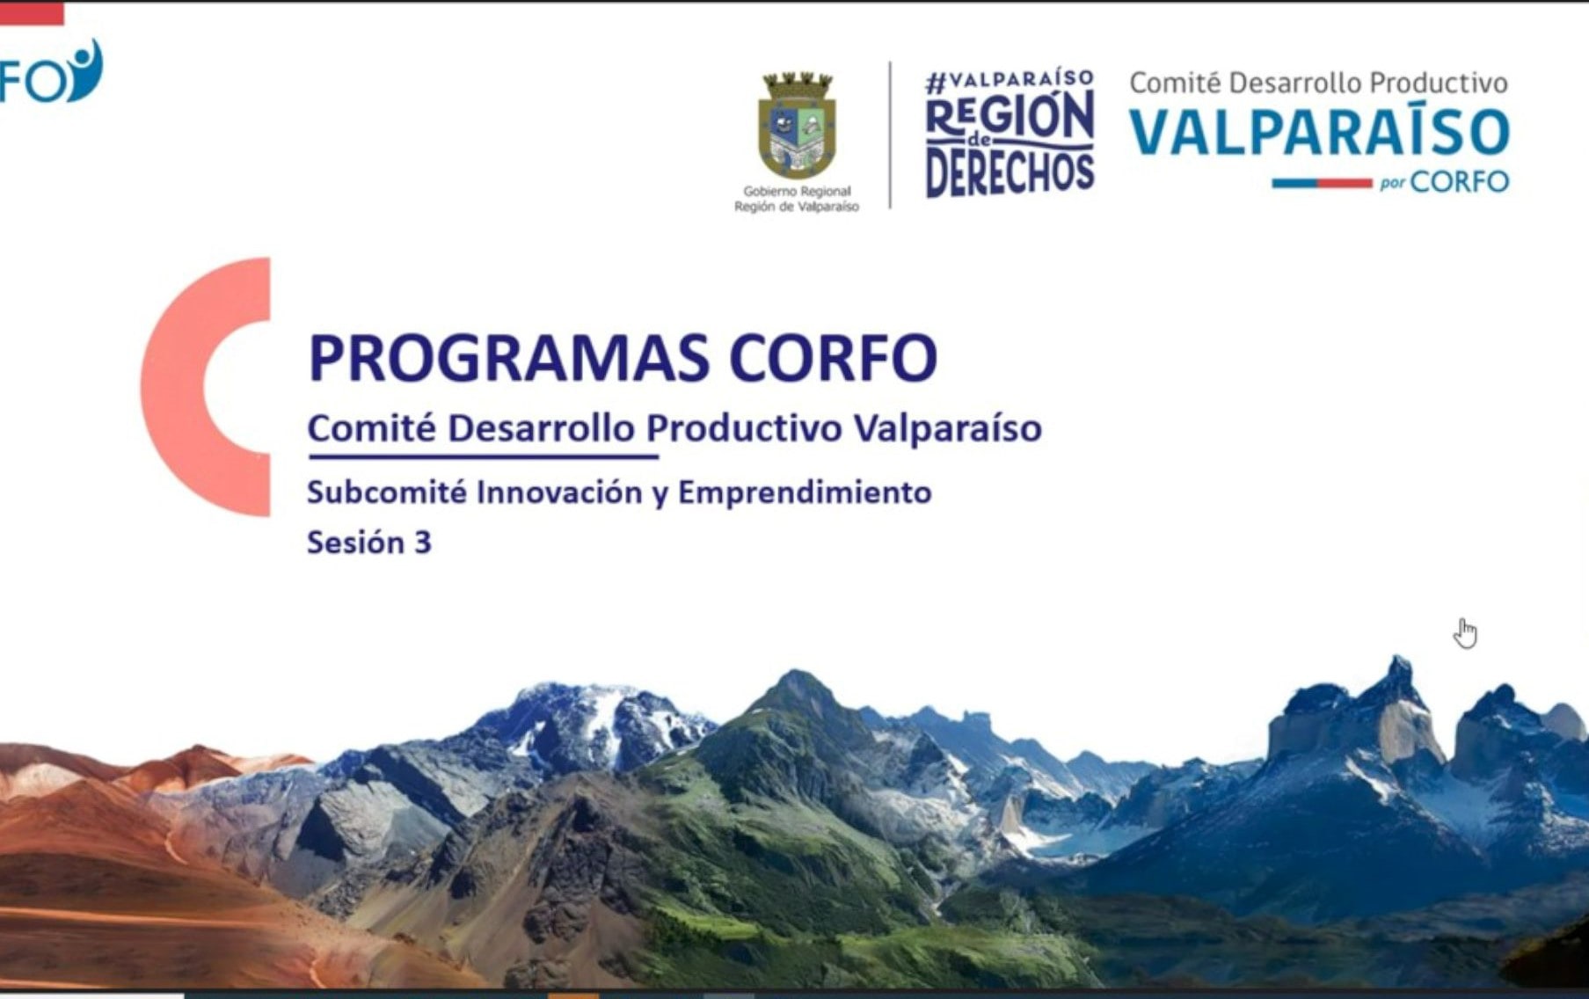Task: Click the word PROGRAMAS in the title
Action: coord(508,358)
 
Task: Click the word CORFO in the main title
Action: coord(833,358)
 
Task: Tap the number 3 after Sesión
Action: coord(422,543)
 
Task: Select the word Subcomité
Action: coord(386,492)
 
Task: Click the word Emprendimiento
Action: coord(804,492)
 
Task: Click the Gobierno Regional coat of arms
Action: coord(797,126)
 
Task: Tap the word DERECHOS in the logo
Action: coord(1010,172)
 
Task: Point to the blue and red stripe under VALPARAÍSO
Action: coord(1322,183)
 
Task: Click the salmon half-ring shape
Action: coord(189,387)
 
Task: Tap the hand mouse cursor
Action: coord(1464,632)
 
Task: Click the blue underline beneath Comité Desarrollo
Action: coord(483,456)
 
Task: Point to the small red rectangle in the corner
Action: coord(32,13)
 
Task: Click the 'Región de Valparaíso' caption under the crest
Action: coord(797,207)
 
